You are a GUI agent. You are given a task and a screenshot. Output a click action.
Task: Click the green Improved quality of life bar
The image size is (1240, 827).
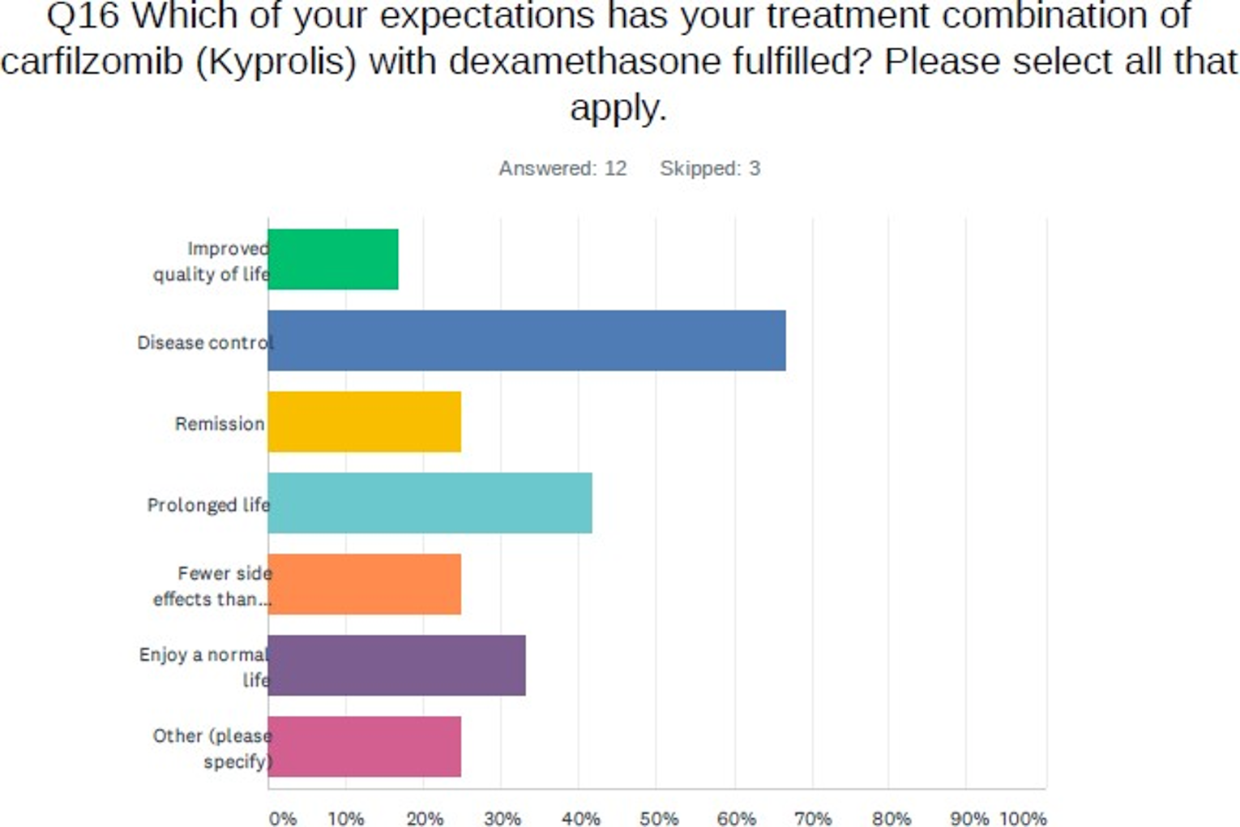(x=333, y=259)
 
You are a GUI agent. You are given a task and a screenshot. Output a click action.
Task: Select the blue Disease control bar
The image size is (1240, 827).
(x=527, y=341)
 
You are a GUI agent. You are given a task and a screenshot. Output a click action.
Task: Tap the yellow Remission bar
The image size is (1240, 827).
(x=365, y=422)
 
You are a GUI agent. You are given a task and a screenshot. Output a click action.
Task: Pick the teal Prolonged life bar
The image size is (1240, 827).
(x=430, y=503)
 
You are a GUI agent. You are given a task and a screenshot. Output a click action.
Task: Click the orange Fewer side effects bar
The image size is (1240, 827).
(x=365, y=584)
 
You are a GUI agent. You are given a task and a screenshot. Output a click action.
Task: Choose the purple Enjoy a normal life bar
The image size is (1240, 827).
(x=397, y=665)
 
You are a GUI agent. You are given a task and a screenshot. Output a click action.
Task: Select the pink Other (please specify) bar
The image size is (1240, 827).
(x=365, y=746)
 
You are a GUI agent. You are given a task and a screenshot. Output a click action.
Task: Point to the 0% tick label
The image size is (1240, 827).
(x=283, y=818)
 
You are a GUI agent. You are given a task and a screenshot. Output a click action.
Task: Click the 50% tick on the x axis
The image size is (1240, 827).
(x=659, y=818)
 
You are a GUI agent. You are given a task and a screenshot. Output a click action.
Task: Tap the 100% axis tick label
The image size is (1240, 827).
(x=1023, y=818)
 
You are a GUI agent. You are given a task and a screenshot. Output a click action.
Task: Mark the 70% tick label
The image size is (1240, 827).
(x=813, y=818)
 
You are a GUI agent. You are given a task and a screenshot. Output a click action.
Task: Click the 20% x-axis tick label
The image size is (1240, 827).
(x=425, y=818)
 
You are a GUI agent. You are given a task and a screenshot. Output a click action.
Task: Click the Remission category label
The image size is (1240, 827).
(x=220, y=423)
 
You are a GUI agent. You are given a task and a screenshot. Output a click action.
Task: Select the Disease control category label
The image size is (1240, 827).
(x=204, y=342)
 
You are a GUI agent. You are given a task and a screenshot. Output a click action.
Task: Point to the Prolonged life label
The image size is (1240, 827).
(x=208, y=504)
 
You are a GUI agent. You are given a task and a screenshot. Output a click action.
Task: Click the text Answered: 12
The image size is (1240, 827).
(x=562, y=168)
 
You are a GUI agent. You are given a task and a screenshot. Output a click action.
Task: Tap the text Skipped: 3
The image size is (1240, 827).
(x=710, y=168)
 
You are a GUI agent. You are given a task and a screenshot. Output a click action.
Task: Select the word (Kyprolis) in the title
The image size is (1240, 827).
(x=276, y=62)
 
